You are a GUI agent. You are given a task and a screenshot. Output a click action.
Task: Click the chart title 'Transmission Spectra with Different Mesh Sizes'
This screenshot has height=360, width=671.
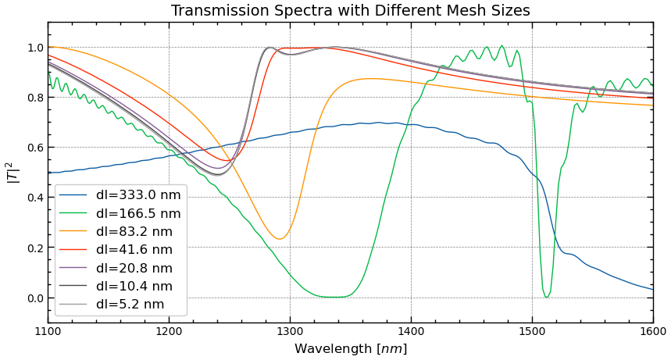350,11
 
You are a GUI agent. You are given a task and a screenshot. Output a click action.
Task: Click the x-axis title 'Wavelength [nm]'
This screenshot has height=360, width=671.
350,349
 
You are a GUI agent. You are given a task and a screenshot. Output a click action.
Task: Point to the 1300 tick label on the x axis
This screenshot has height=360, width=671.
290,332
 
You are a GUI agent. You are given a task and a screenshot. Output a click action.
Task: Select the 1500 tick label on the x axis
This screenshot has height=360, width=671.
532,332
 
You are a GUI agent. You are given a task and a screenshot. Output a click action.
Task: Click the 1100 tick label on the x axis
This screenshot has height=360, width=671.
48,332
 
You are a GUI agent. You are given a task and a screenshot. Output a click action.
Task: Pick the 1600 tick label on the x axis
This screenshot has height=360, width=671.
653,332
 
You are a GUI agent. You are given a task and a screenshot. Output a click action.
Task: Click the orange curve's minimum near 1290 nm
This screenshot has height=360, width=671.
279,239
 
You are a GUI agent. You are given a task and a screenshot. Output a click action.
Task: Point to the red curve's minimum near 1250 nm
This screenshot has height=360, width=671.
227,161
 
